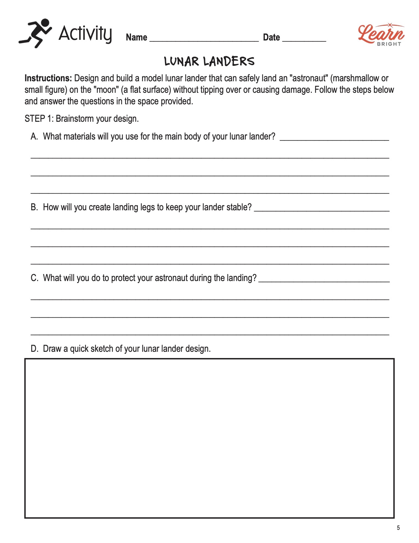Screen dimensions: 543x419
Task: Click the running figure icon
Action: click(35, 33)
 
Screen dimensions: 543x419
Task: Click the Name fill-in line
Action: click(204, 39)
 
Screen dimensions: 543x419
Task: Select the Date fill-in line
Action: click(304, 39)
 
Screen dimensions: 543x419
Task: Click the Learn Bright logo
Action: click(381, 35)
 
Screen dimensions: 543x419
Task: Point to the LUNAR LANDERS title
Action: click(209, 62)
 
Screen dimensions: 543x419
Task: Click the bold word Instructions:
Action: click(48, 78)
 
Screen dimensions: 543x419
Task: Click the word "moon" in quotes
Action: click(106, 90)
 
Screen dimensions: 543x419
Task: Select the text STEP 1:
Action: click(39, 118)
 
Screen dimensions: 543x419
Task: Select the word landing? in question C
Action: click(242, 278)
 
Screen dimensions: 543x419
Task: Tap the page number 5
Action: click(398, 528)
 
